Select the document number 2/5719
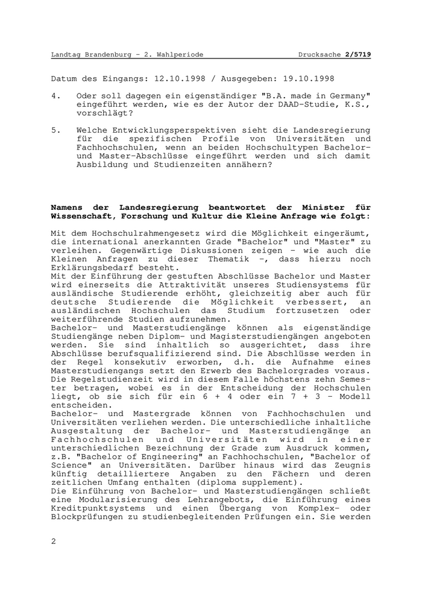359,54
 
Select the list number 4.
54,96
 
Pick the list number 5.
54,130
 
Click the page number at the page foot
54,541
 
